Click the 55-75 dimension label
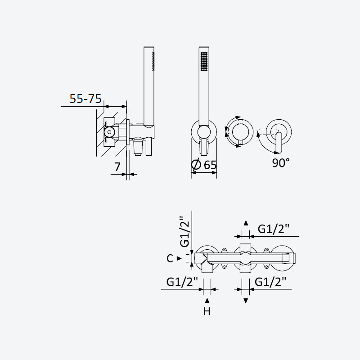(x=85, y=99)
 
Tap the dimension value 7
(x=117, y=166)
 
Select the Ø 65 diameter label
(x=204, y=164)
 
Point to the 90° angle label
(x=280, y=162)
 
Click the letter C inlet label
(x=170, y=258)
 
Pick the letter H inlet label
(x=207, y=311)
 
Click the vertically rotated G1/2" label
(x=185, y=231)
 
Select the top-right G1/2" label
(x=274, y=229)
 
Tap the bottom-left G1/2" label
(x=182, y=282)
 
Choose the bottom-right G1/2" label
(x=270, y=282)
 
